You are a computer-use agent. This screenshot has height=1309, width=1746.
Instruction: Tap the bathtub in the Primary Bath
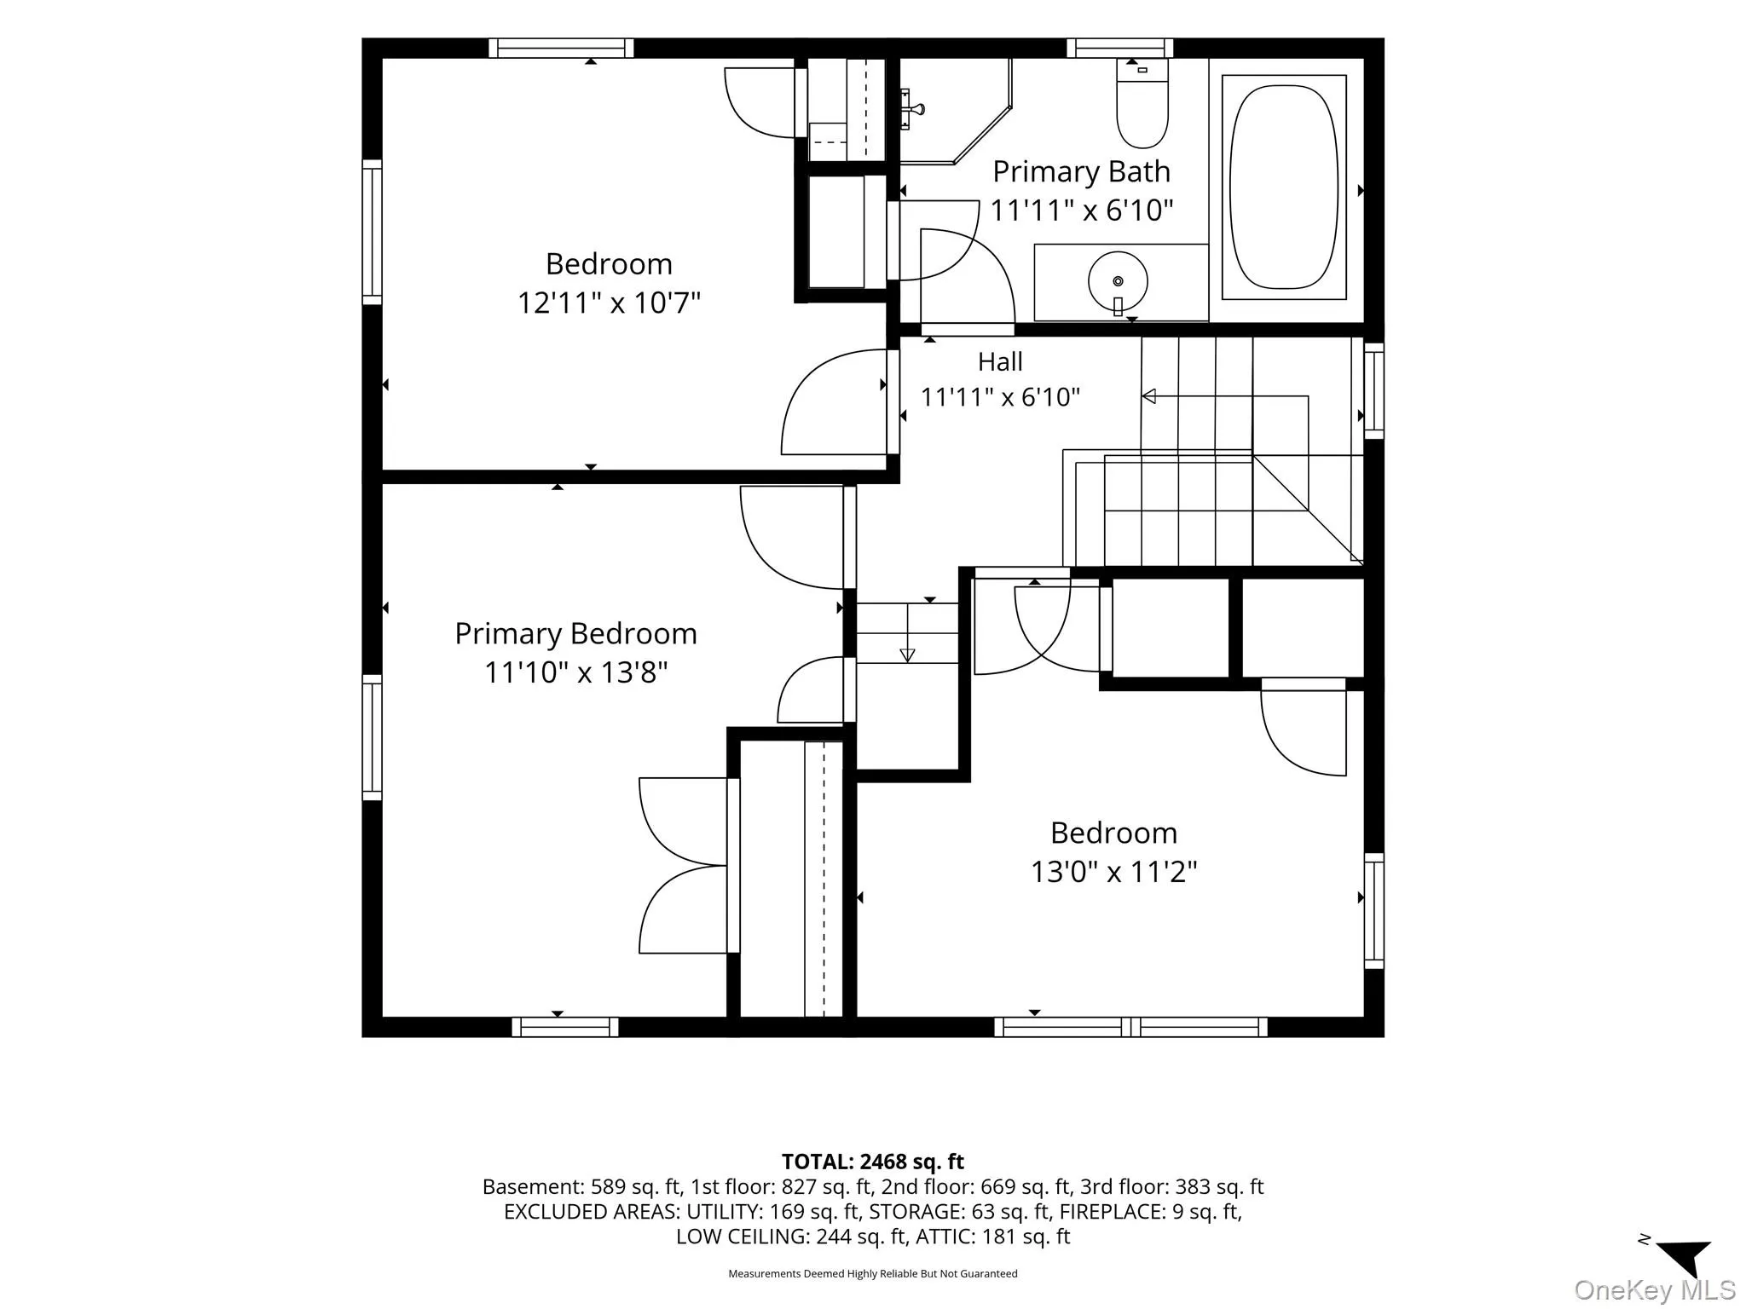tap(1284, 187)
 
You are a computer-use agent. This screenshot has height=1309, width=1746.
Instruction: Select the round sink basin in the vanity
tap(1118, 280)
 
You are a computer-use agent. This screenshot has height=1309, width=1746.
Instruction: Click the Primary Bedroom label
tap(575, 634)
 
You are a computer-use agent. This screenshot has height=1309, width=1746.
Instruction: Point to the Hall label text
tap(1000, 362)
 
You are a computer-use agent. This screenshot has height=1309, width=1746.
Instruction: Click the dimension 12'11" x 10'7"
tap(609, 303)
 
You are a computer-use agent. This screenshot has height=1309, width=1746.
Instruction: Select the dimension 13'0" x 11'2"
tap(1113, 872)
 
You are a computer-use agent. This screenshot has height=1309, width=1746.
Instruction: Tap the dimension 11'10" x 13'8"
tap(575, 672)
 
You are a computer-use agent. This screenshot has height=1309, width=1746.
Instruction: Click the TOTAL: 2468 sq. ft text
tap(872, 1162)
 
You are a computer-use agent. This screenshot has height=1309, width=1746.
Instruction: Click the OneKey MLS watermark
tap(1654, 1290)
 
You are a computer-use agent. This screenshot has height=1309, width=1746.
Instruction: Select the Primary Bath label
tap(1081, 171)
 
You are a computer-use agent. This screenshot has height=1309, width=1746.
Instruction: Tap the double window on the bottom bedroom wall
tap(1130, 1027)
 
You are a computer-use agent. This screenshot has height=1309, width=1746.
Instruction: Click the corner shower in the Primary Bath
tap(955, 111)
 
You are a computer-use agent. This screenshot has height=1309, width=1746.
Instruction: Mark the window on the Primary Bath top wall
tap(1119, 49)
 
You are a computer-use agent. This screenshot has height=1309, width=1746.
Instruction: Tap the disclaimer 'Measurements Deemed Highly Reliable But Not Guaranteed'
tap(872, 1273)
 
